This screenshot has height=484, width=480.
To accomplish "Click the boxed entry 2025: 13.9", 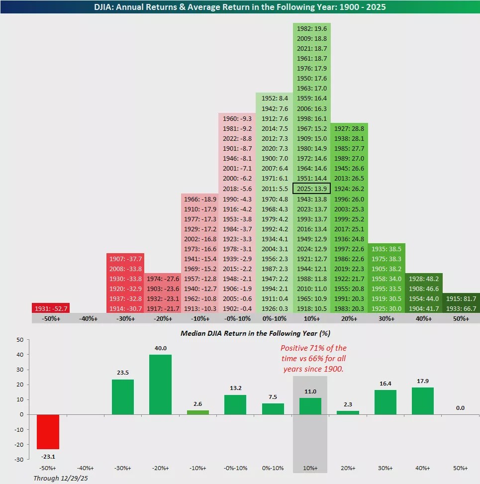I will point(312,189).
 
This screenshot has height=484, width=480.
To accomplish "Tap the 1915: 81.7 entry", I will point(461,298).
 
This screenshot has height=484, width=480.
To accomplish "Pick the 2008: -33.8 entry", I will point(125,269).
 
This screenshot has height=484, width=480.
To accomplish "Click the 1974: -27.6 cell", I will point(162,279).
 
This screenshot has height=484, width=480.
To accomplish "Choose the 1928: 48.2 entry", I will point(424,279).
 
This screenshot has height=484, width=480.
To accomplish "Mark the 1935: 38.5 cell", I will point(386,249).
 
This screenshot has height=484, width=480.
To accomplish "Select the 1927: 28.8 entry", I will point(349,128).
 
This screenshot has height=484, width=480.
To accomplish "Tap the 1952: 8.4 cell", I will point(275,98).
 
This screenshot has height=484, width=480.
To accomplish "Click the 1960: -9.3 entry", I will point(237,118).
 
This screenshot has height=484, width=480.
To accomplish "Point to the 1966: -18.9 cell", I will point(199,199).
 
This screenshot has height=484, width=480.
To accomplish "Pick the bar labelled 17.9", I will point(424,401).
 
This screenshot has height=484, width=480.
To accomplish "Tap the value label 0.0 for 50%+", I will point(461,408).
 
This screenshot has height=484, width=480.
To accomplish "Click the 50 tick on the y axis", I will point(20,340).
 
